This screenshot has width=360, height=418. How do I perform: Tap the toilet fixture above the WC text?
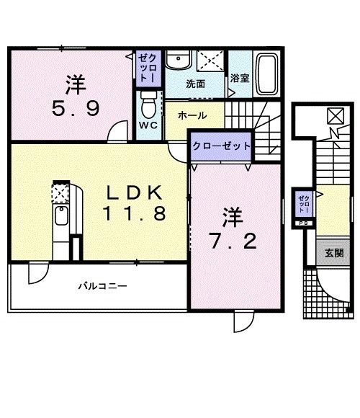(x=148, y=106)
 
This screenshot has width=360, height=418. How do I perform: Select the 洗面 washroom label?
(x=196, y=84)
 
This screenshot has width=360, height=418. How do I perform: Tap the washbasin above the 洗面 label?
(x=176, y=61)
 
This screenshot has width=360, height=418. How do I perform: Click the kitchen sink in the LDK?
(x=60, y=216)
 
